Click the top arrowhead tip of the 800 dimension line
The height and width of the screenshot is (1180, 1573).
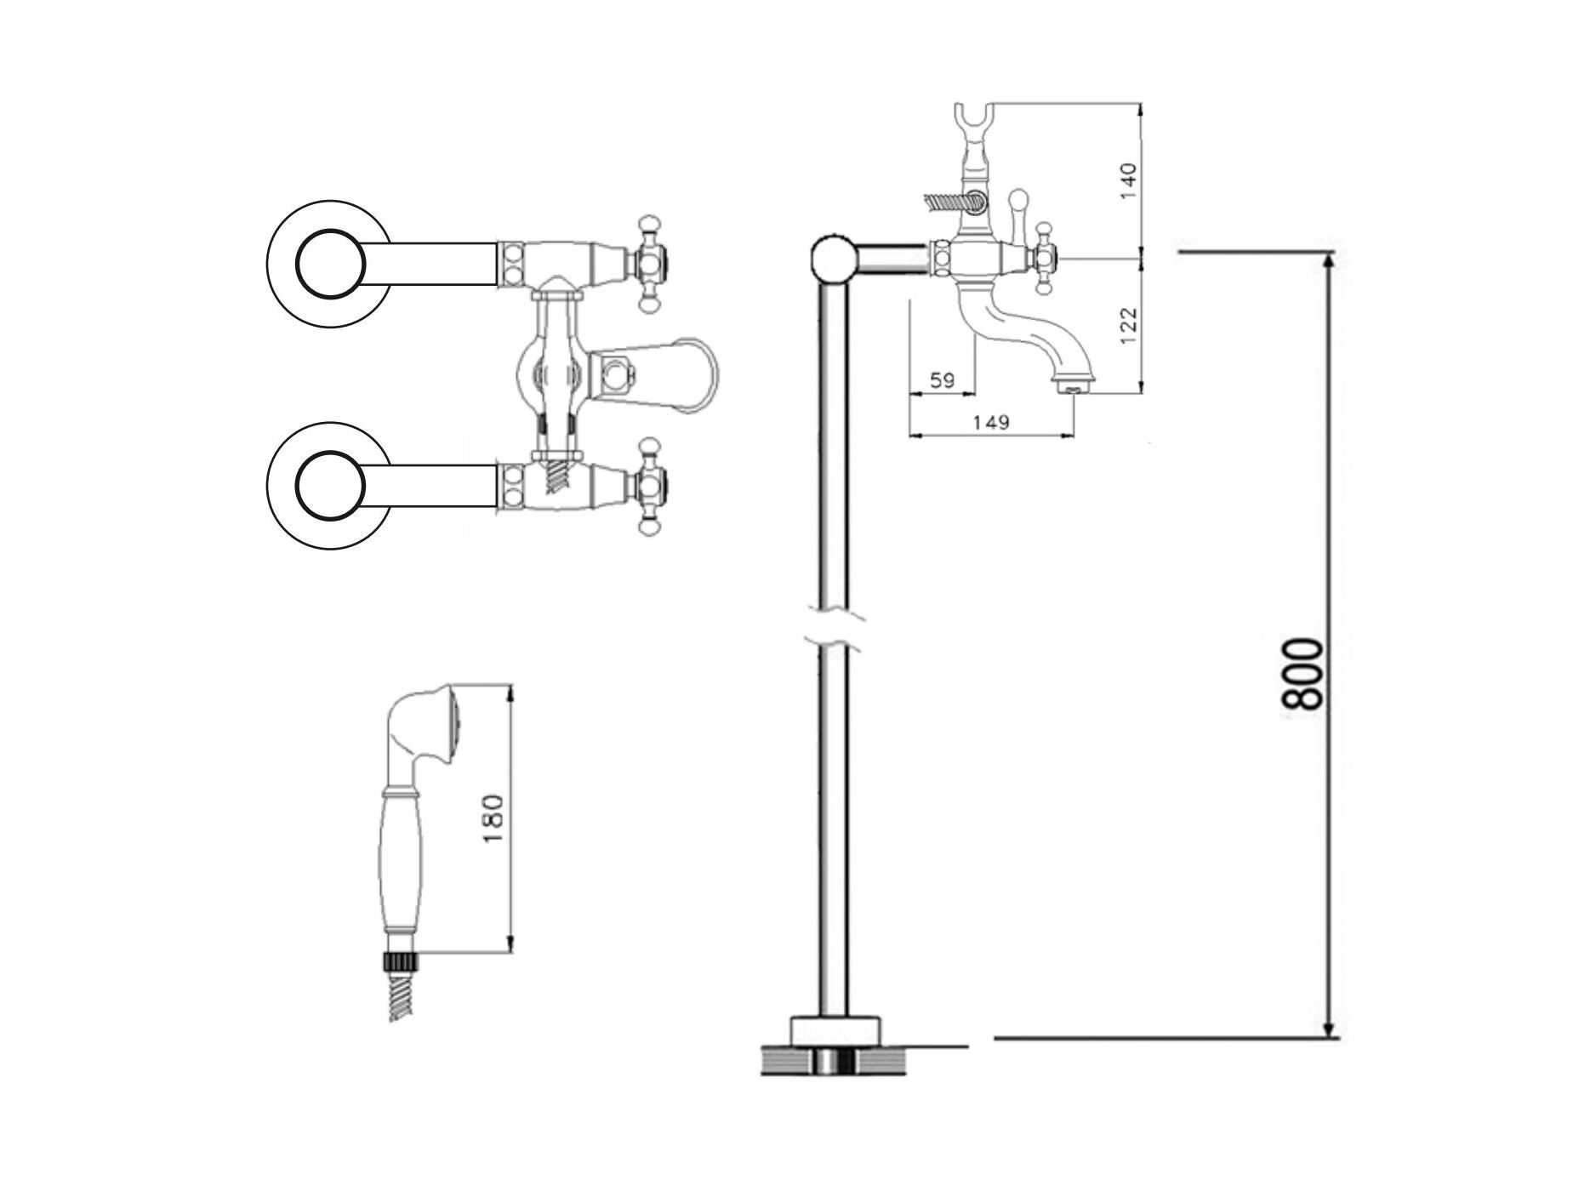pyautogui.click(x=1329, y=254)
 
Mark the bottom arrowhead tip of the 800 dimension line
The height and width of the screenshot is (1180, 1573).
pyautogui.click(x=1329, y=1037)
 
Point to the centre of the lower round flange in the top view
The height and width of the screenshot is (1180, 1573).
pyautogui.click(x=330, y=485)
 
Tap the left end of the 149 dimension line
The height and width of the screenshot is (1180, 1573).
pyautogui.click(x=909, y=436)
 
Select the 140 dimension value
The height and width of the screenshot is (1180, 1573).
pyautogui.click(x=1127, y=181)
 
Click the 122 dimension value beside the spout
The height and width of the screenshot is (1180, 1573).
pyautogui.click(x=1127, y=325)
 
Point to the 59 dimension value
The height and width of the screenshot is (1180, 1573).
pyautogui.click(x=942, y=379)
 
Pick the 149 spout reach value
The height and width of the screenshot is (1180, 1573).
pyautogui.click(x=990, y=422)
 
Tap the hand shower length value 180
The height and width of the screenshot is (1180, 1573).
pyautogui.click(x=493, y=818)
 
